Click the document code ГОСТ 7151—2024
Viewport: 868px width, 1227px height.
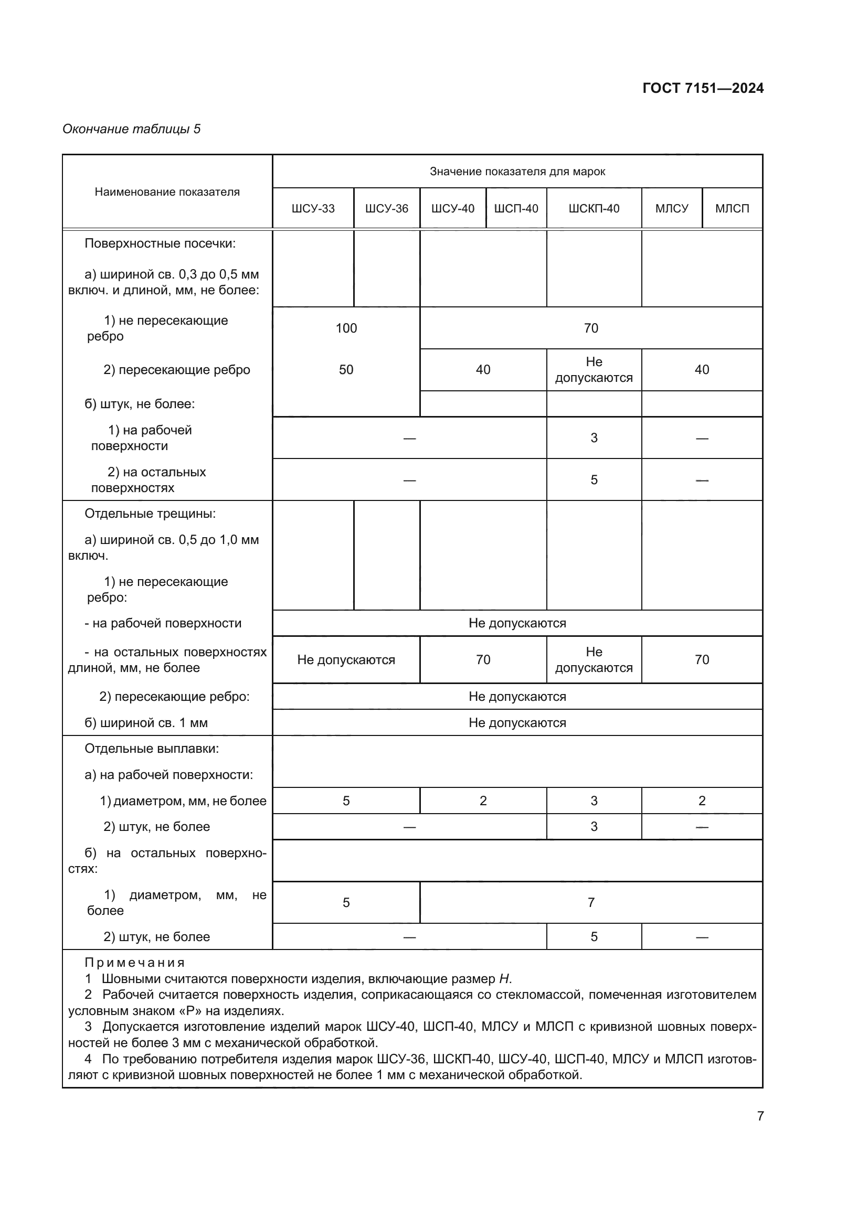click(x=703, y=88)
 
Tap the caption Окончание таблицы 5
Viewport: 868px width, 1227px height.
click(x=132, y=129)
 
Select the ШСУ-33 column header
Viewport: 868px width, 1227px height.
click(x=313, y=208)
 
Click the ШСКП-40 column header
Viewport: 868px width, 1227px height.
click(x=594, y=208)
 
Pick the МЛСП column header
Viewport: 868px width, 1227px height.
click(x=732, y=208)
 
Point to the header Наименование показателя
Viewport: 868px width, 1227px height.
click(x=167, y=192)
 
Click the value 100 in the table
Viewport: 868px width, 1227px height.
click(x=346, y=328)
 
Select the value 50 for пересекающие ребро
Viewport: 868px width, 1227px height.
click(x=346, y=370)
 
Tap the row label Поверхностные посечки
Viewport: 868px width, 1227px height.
click(x=160, y=244)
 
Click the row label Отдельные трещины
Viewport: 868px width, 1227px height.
click(x=150, y=514)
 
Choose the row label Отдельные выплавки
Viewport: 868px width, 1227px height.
click(x=152, y=749)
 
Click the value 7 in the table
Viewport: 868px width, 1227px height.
click(x=590, y=903)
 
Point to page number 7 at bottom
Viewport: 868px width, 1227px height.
click(x=760, y=1116)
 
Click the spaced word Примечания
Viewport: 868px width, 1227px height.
click(x=135, y=963)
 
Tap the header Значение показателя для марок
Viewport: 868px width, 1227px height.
click(x=517, y=172)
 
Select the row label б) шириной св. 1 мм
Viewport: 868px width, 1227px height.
click(x=146, y=723)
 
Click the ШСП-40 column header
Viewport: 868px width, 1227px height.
click(x=516, y=208)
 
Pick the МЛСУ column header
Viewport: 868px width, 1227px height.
click(x=672, y=208)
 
